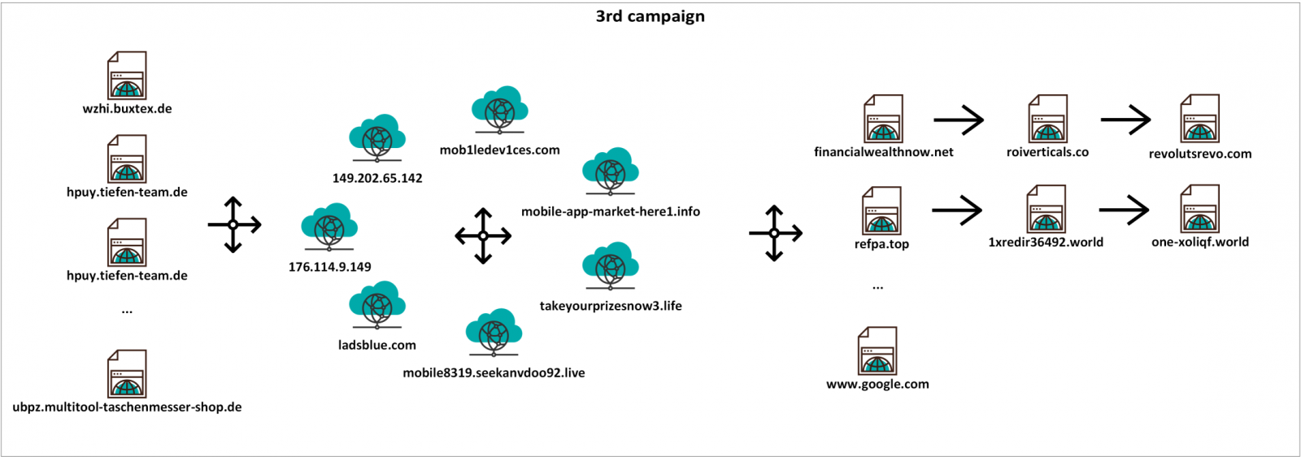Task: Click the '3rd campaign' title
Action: pyautogui.click(x=650, y=16)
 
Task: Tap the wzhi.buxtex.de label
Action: pyautogui.click(x=127, y=109)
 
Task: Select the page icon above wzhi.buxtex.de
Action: pyautogui.click(x=127, y=76)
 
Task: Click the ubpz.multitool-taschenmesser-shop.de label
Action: pyautogui.click(x=127, y=407)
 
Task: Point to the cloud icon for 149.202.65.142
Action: pyautogui.click(x=377, y=138)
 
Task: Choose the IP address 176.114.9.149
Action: pyautogui.click(x=329, y=267)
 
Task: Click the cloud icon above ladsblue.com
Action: pyautogui.click(x=377, y=306)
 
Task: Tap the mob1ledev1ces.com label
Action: pyautogui.click(x=499, y=150)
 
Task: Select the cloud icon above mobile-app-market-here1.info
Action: pyautogui.click(x=611, y=172)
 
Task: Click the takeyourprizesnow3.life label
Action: pyautogui.click(x=611, y=306)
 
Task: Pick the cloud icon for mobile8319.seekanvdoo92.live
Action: pyautogui.click(x=494, y=333)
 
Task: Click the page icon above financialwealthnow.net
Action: pyautogui.click(x=883, y=119)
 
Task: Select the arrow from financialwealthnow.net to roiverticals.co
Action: pyautogui.click(x=959, y=120)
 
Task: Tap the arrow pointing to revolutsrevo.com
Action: pyautogui.click(x=1125, y=120)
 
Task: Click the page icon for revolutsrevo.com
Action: pyautogui.click(x=1200, y=119)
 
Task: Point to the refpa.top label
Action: pyautogui.click(x=881, y=244)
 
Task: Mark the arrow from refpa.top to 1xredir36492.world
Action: pyautogui.click(x=957, y=211)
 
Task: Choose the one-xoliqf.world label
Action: pyautogui.click(x=1200, y=242)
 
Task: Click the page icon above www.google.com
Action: pyautogui.click(x=877, y=351)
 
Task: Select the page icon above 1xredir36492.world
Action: pyautogui.click(x=1046, y=209)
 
